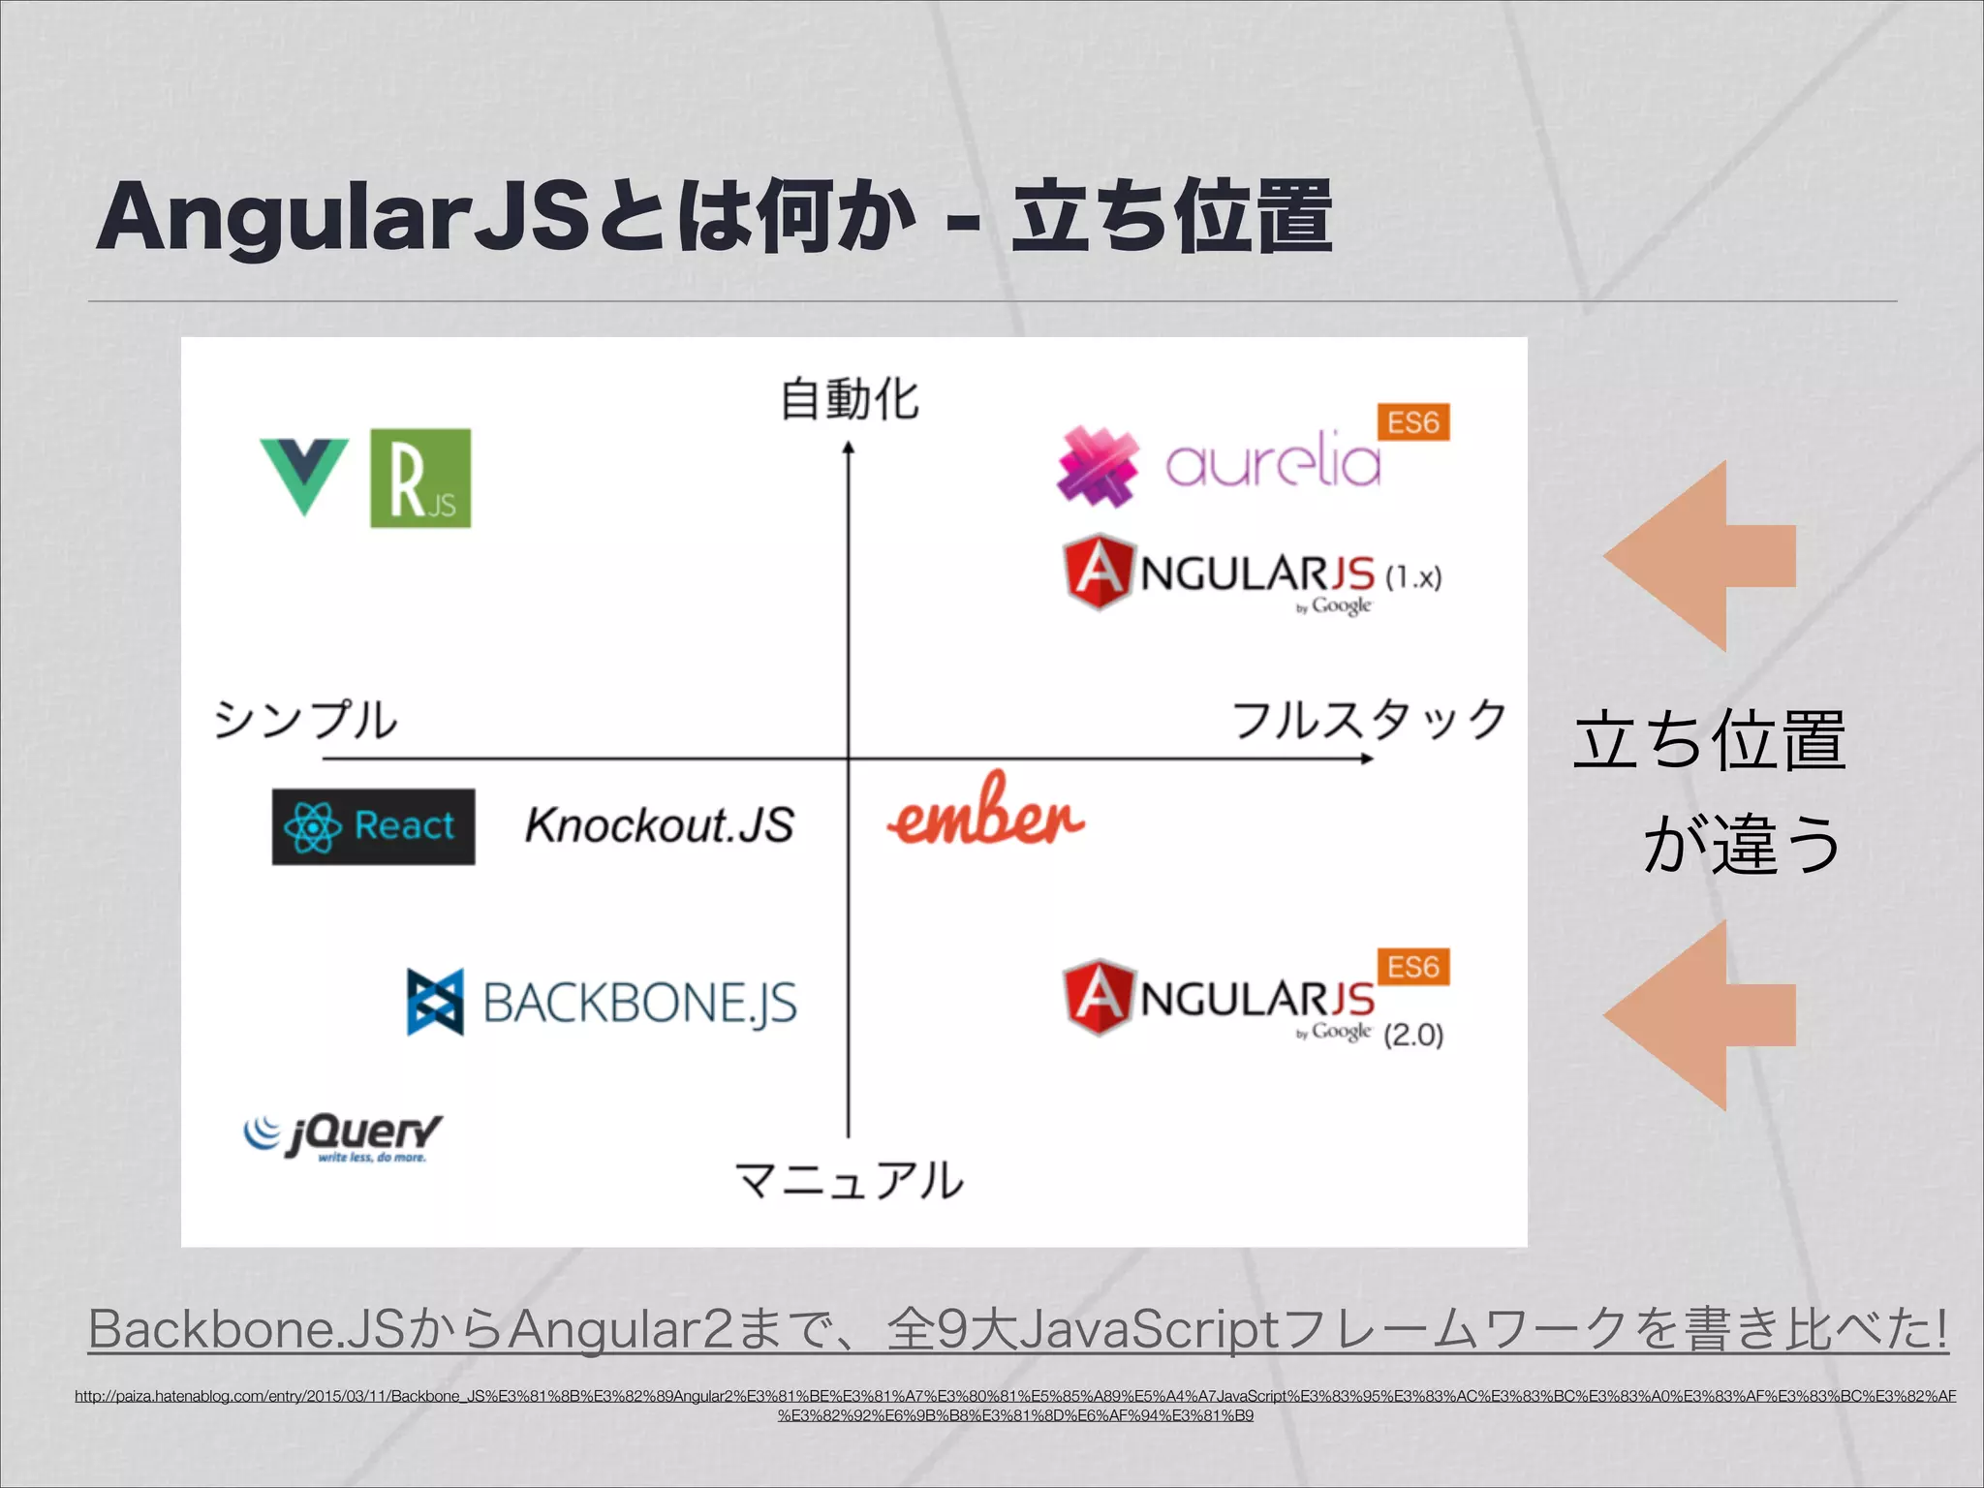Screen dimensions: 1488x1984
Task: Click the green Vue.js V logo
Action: click(304, 475)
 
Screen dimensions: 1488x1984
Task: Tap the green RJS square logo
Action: click(420, 479)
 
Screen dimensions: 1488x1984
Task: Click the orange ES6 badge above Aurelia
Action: click(1413, 422)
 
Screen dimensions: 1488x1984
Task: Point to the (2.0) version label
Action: click(1413, 1035)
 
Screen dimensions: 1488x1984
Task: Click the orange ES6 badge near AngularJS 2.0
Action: click(1413, 967)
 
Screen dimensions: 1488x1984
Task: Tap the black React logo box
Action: click(373, 826)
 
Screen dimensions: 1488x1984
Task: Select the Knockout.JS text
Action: click(659, 825)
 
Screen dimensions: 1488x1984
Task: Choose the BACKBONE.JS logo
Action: click(602, 1002)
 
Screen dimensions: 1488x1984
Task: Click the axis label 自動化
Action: click(849, 399)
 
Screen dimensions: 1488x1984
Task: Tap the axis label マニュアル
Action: click(849, 1180)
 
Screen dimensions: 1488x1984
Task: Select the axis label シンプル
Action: click(305, 721)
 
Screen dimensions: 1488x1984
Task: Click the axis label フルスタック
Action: click(1368, 721)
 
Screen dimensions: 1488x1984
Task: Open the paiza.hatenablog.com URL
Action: click(1014, 1405)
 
